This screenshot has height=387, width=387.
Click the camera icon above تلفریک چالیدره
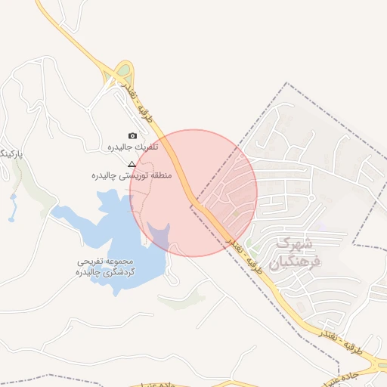click(x=133, y=136)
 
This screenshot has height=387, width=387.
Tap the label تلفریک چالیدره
click(x=132, y=147)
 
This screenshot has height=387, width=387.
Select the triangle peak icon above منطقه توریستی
click(x=132, y=164)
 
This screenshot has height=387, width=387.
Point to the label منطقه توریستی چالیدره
click(x=132, y=175)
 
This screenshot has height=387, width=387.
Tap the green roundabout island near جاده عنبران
click(x=382, y=366)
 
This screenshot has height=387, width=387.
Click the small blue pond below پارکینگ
click(x=13, y=203)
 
